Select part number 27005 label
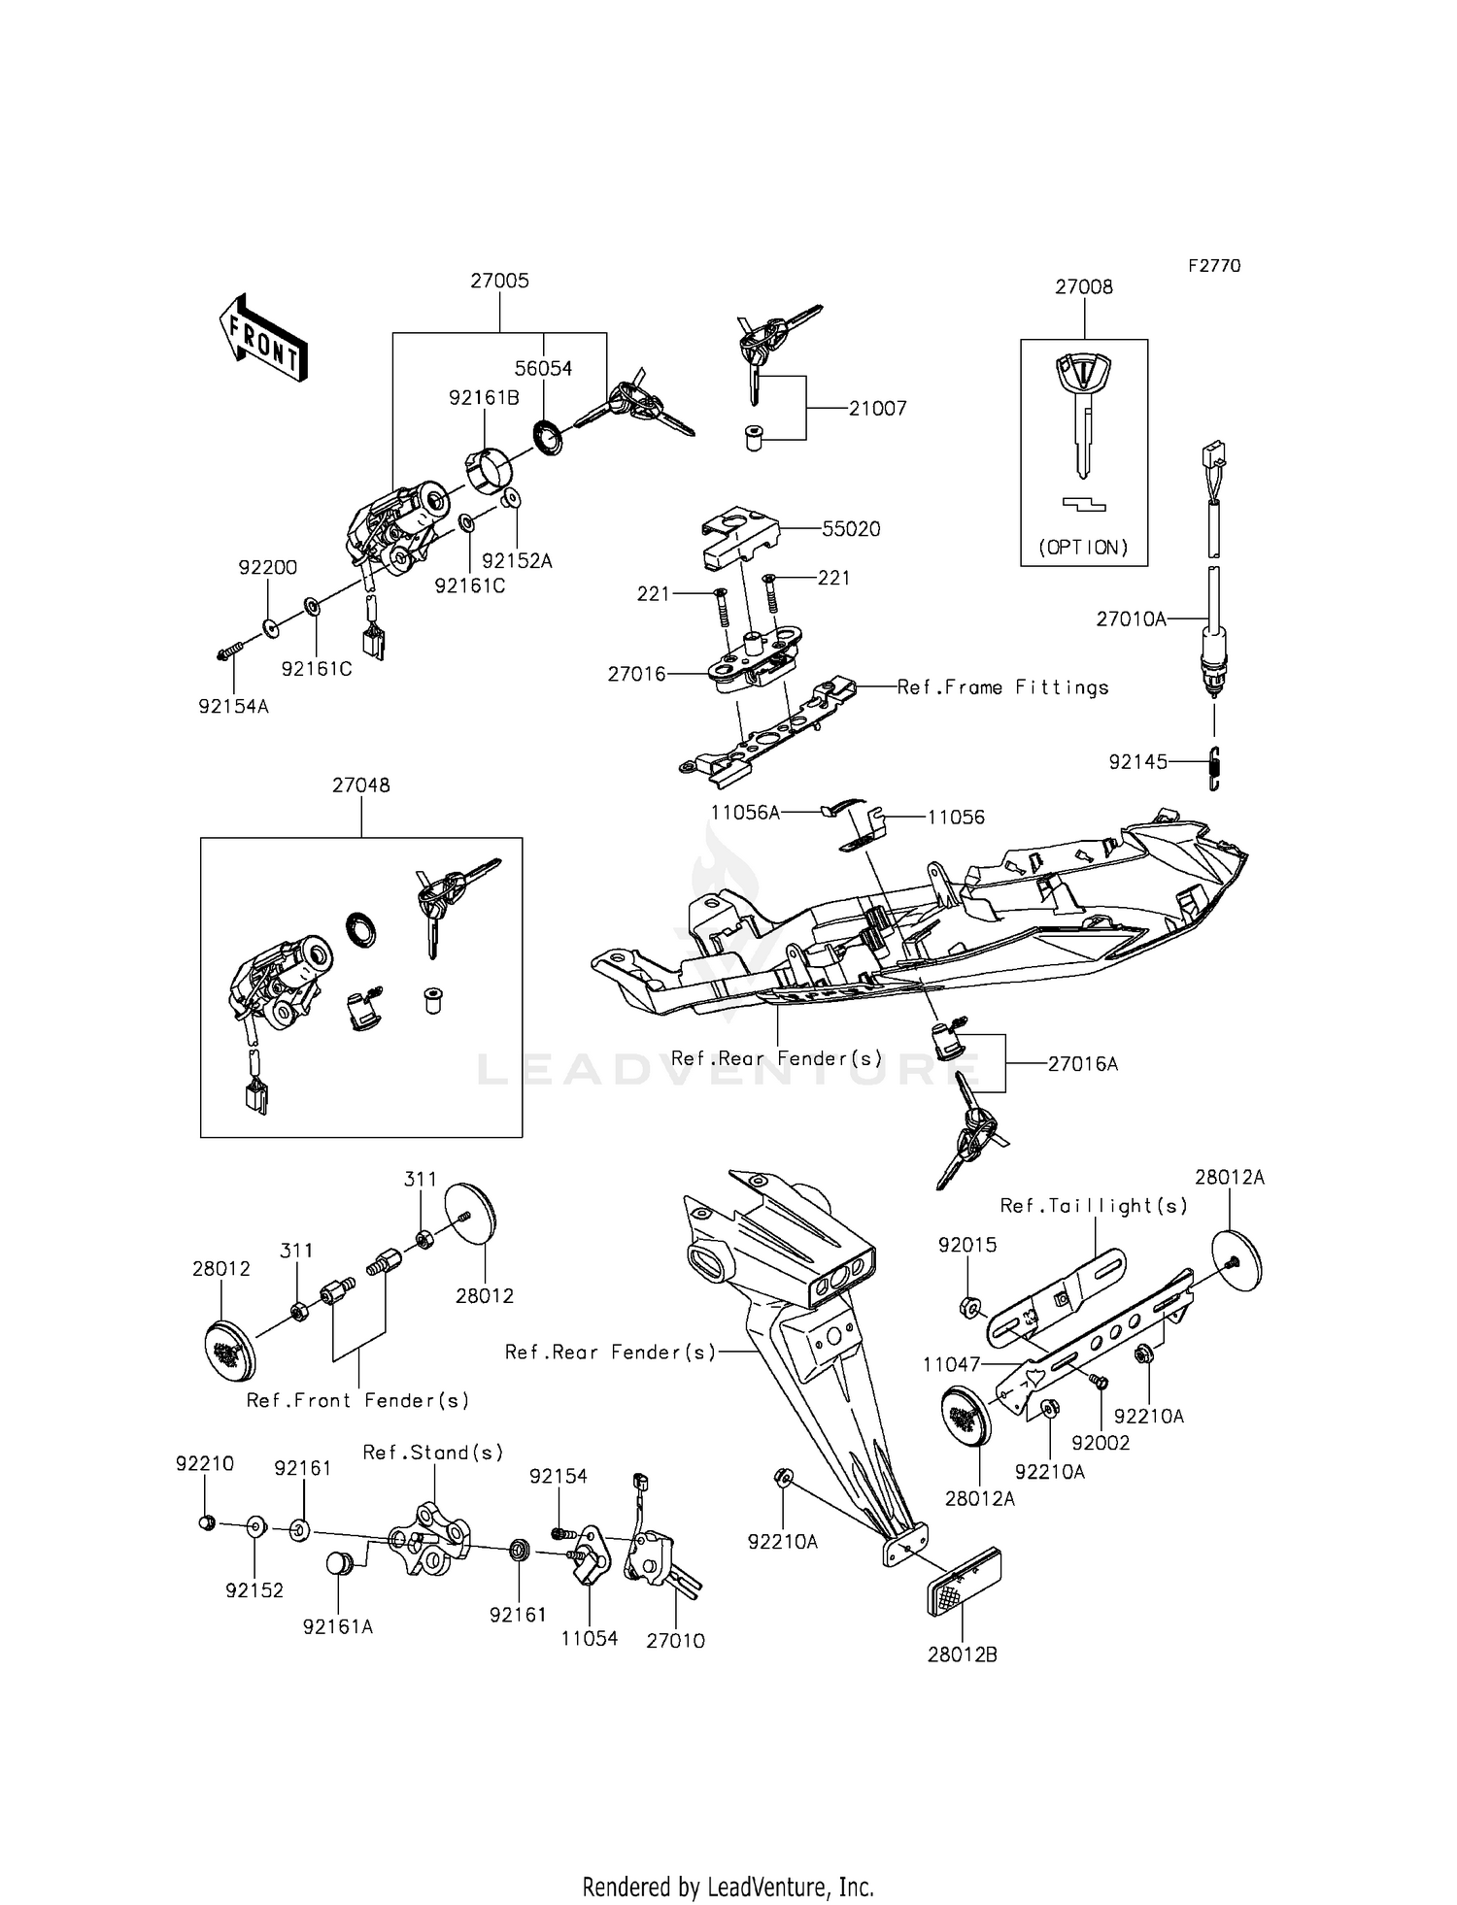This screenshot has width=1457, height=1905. (499, 281)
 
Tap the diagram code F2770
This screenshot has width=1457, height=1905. (1213, 265)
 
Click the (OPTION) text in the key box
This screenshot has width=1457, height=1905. (1083, 547)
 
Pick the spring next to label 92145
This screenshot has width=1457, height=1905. (1214, 768)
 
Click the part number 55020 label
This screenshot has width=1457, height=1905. (851, 529)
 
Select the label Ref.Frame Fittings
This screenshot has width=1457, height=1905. (1002, 687)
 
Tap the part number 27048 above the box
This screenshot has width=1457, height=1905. (360, 785)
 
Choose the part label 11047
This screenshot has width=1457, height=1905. (951, 1364)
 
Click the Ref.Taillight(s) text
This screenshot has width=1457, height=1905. (1094, 1206)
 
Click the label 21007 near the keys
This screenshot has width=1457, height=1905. (877, 409)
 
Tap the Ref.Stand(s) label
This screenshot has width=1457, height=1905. (433, 1453)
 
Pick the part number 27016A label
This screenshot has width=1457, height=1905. (1082, 1064)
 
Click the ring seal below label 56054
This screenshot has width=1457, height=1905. (549, 439)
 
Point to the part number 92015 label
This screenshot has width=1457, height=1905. (966, 1245)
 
